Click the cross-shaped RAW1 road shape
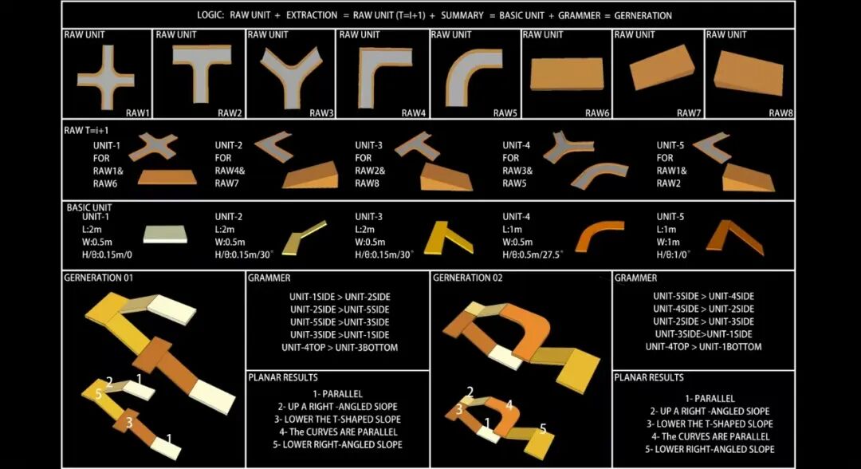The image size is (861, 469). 106,79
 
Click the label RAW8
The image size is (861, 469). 780,112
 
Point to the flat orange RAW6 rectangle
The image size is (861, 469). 567,74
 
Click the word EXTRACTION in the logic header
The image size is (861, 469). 312,15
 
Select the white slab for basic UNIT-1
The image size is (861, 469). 165,234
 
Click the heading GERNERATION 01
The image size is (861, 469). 98,278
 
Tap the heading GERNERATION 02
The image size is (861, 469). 467,278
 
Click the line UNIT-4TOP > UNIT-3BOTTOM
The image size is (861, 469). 340,348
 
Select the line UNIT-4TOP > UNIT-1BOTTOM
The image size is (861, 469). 703,347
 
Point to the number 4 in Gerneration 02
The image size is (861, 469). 509,405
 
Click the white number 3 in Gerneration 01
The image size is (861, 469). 129,422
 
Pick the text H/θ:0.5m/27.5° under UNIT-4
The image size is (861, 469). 532,254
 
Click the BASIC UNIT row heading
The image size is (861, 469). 89,207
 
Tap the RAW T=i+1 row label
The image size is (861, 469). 86,131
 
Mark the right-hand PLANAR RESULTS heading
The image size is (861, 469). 648,378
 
